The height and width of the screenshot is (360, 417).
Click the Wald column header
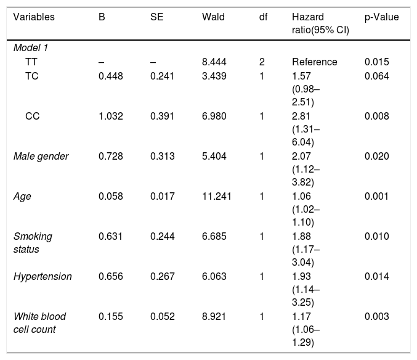[x=213, y=17]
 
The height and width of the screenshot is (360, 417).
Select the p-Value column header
[x=382, y=17]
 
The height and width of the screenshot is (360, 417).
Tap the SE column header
[x=156, y=17]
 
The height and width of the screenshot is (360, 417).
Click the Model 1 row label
[x=31, y=48]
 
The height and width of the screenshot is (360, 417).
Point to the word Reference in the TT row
[x=315, y=62]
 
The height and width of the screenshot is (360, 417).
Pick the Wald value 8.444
[x=214, y=62]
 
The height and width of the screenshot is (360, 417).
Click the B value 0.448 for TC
[x=111, y=76]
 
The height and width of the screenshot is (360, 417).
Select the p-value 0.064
[x=376, y=76]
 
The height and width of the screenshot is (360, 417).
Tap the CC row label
[x=33, y=117]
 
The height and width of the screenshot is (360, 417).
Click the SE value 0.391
[x=162, y=117]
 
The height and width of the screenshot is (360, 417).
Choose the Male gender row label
[x=41, y=157]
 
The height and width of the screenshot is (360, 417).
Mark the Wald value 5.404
[x=214, y=156]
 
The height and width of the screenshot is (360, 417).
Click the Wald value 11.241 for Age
[x=216, y=197]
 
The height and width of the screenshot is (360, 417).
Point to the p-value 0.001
[x=376, y=197]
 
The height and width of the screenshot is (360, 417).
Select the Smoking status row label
[x=33, y=243]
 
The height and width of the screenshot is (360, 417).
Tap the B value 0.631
[x=111, y=237]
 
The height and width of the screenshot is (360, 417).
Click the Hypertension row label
[x=43, y=277]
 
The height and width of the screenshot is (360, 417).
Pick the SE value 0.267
[x=162, y=276]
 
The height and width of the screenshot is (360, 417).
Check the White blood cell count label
[x=39, y=323]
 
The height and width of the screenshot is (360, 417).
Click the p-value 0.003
[x=376, y=317]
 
